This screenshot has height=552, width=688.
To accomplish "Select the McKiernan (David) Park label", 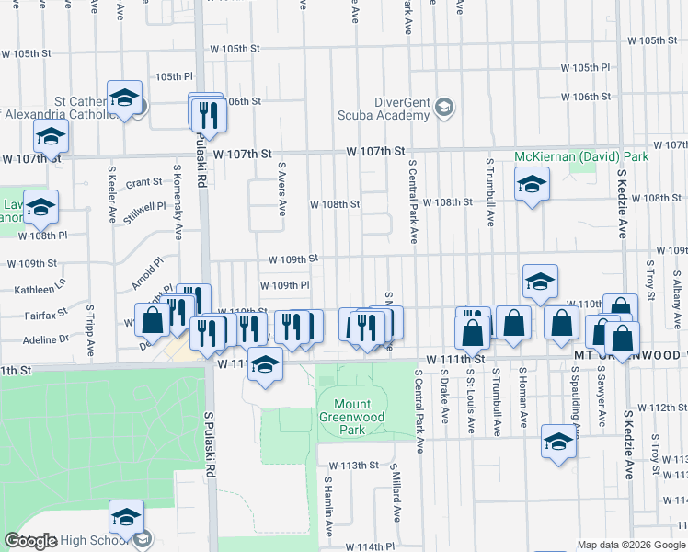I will click(x=581, y=157).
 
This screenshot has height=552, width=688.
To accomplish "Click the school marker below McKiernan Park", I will click(x=532, y=187).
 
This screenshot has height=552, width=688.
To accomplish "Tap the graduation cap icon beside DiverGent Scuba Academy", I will click(x=443, y=108).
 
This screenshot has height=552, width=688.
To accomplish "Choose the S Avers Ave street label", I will click(x=282, y=190).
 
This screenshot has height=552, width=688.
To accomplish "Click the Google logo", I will click(x=30, y=541).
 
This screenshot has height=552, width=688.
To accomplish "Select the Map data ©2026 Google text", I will click(x=629, y=545).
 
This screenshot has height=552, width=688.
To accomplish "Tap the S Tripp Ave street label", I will click(x=90, y=331).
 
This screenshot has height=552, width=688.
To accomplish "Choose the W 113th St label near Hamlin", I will click(x=353, y=466).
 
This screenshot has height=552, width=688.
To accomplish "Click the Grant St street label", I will click(x=143, y=183).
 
